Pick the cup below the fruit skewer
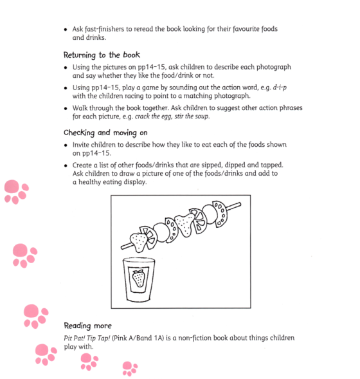click(x=139, y=281)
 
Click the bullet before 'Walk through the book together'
click(x=67, y=108)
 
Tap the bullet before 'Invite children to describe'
click(x=67, y=145)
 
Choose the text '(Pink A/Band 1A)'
click(x=149, y=338)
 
